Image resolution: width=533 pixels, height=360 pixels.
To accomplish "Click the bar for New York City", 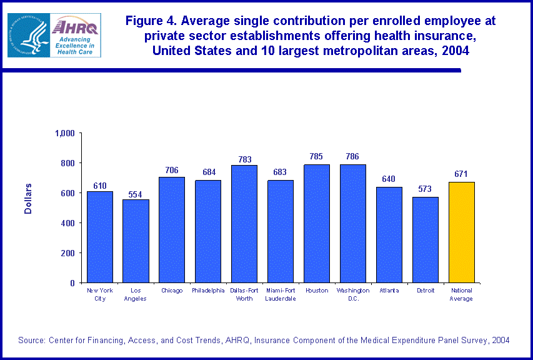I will pyautogui.click(x=100, y=237).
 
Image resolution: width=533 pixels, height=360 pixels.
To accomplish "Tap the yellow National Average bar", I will pyautogui.click(x=461, y=232).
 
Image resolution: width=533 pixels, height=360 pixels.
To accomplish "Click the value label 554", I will pyautogui.click(x=136, y=193).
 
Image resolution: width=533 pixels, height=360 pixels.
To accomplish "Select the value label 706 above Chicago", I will pyautogui.click(x=172, y=170).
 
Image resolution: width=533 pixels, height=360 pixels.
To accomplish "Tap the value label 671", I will pyautogui.click(x=461, y=174).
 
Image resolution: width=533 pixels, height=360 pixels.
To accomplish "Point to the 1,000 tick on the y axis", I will pyautogui.click(x=65, y=133).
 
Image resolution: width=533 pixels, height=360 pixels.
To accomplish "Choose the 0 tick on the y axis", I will pyautogui.click(x=72, y=283).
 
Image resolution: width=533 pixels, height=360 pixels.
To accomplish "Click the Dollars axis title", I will pyautogui.click(x=28, y=199).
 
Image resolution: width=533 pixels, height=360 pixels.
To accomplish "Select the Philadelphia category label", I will pyautogui.click(x=208, y=291).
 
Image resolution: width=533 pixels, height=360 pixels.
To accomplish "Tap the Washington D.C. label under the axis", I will pyautogui.click(x=353, y=294).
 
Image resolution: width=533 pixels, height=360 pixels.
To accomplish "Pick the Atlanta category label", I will pyautogui.click(x=389, y=291).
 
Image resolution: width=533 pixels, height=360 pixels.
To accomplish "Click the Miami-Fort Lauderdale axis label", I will pyautogui.click(x=281, y=294).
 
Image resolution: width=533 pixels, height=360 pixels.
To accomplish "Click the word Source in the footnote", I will pyautogui.click(x=30, y=340).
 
